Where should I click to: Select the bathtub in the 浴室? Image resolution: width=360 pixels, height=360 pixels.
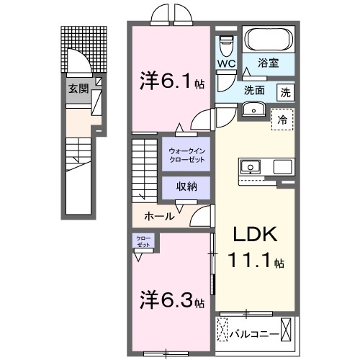pos(266,42)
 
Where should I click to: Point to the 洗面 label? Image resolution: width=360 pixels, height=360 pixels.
pos(253,91)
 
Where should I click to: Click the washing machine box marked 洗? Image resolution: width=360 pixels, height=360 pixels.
pos(286,91)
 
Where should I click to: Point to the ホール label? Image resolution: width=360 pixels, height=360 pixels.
pos(158,215)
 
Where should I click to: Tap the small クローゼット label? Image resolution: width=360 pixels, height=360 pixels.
pos(140,240)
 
